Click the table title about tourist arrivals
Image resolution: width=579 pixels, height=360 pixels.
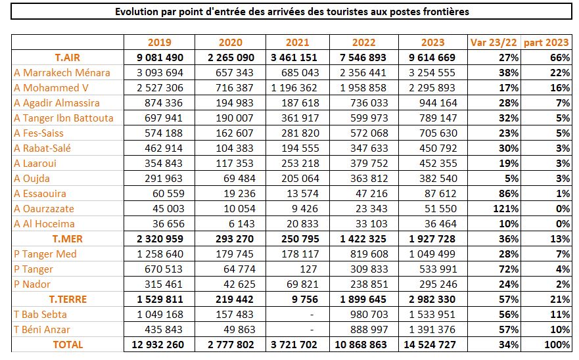tap(292, 12)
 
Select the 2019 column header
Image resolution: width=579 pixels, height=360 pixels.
tap(160, 43)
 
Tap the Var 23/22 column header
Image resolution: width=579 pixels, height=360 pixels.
tap(494, 43)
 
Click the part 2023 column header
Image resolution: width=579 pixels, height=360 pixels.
tap(547, 43)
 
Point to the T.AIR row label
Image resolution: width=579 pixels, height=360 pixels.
tap(68, 58)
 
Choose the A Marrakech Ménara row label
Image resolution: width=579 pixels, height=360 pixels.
tap(62, 73)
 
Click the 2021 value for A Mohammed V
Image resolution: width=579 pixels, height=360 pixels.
tap(290, 88)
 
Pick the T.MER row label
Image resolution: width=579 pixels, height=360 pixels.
tap(68, 239)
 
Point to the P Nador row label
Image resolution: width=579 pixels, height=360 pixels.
tap(32, 284)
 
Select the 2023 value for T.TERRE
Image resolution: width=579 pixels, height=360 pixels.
tap(432, 300)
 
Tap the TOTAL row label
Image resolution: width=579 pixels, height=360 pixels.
tap(68, 345)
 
